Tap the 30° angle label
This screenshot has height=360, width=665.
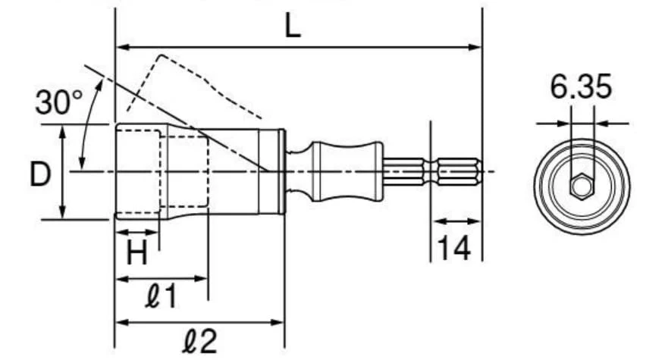[59, 102]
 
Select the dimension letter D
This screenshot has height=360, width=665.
[40, 174]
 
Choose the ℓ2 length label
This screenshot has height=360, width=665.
[200, 340]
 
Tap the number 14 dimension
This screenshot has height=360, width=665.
[453, 248]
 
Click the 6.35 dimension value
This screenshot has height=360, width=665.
[581, 86]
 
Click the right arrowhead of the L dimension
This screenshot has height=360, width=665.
[475, 47]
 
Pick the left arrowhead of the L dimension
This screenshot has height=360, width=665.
[123, 47]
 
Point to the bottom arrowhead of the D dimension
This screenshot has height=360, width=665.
[63, 212]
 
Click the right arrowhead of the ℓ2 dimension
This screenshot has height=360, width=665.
[277, 322]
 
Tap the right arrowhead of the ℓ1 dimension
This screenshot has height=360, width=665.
[201, 279]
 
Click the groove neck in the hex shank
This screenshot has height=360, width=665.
[431, 172]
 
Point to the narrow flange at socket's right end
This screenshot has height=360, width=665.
[282, 171]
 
